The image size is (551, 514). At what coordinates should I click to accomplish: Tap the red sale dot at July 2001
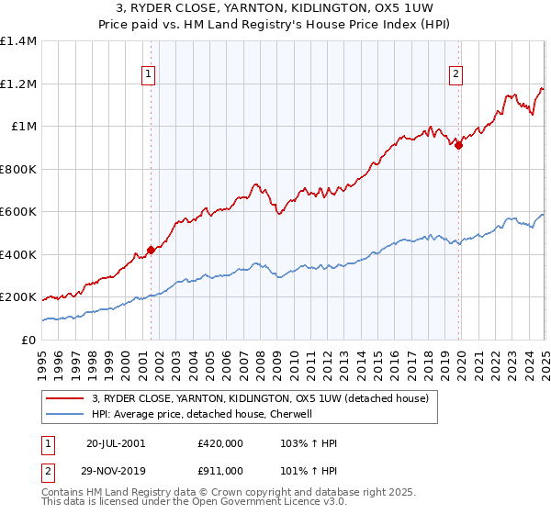(x=151, y=251)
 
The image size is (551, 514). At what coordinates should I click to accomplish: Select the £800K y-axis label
(x=17, y=169)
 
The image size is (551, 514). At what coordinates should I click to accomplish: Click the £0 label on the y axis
(x=28, y=340)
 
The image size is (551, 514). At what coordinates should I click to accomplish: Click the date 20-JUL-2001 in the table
(x=115, y=443)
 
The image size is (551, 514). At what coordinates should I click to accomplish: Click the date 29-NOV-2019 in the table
(x=116, y=471)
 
